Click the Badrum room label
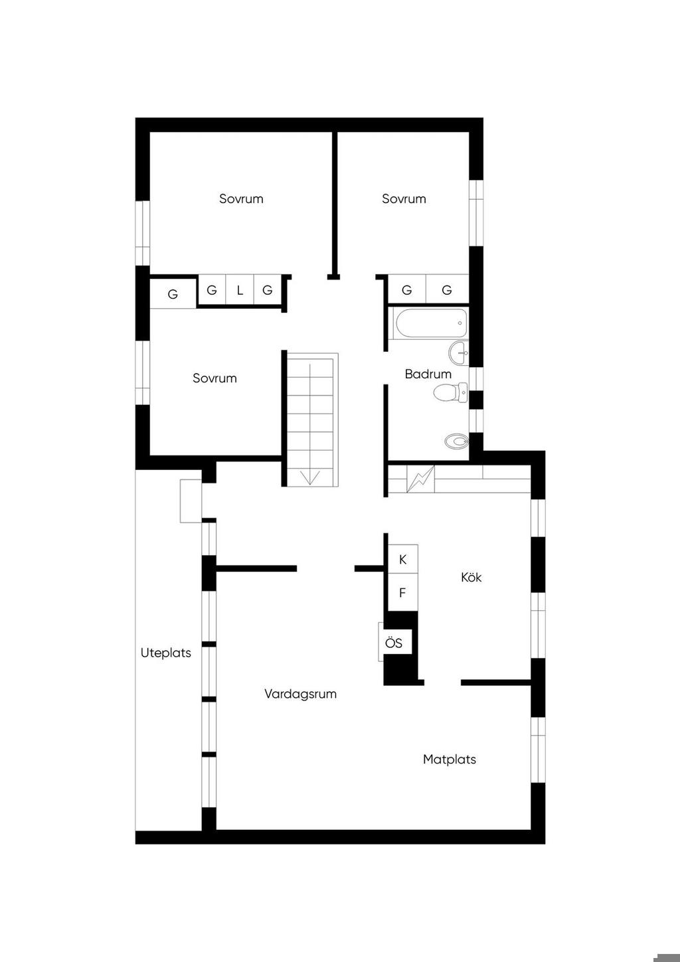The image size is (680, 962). click(x=428, y=374)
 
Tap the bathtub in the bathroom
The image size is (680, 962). click(x=431, y=323)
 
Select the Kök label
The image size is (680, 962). click(x=471, y=577)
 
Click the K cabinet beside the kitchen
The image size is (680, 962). click(x=403, y=559)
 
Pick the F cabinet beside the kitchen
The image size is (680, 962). click(x=403, y=592)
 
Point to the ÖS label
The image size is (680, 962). click(x=394, y=643)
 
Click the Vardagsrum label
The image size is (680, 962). click(x=300, y=694)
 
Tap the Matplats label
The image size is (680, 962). click(x=450, y=760)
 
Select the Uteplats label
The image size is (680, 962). click(x=166, y=653)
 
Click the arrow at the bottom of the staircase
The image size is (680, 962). click(x=310, y=477)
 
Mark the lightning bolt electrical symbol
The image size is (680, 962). click(x=420, y=479)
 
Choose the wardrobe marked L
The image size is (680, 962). click(x=240, y=290)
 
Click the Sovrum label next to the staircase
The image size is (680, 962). click(x=214, y=378)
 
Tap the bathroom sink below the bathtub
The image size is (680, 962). click(x=458, y=353)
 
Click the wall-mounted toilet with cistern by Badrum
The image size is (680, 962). click(x=450, y=392)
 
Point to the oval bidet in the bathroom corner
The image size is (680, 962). click(x=457, y=441)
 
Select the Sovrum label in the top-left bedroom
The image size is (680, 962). click(x=241, y=199)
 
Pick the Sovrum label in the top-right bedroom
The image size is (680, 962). click(x=404, y=199)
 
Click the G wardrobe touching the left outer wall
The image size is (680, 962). click(x=173, y=293)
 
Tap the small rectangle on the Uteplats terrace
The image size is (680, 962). click(x=191, y=501)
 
